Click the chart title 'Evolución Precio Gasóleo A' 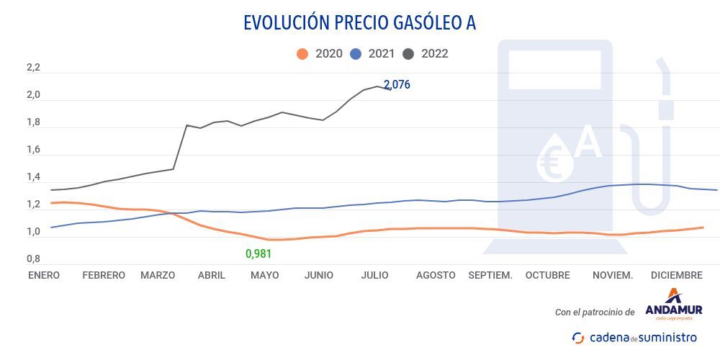pyautogui.click(x=359, y=22)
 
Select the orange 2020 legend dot pyautogui.click(x=302, y=54)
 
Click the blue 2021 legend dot pyautogui.click(x=356, y=54)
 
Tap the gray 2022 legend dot pyautogui.click(x=409, y=54)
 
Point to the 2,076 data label pyautogui.click(x=397, y=84)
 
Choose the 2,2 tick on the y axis pyautogui.click(x=33, y=68)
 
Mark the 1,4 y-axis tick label pyautogui.click(x=33, y=178)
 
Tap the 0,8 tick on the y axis pyautogui.click(x=33, y=259)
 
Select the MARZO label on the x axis pyautogui.click(x=158, y=275)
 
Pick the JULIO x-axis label pyautogui.click(x=375, y=275)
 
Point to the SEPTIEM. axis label pyautogui.click(x=490, y=275)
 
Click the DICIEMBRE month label pyautogui.click(x=676, y=275)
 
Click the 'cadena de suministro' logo pyautogui.click(x=634, y=337)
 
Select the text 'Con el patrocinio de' pyautogui.click(x=595, y=312)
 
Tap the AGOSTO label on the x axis pyautogui.click(x=436, y=275)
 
